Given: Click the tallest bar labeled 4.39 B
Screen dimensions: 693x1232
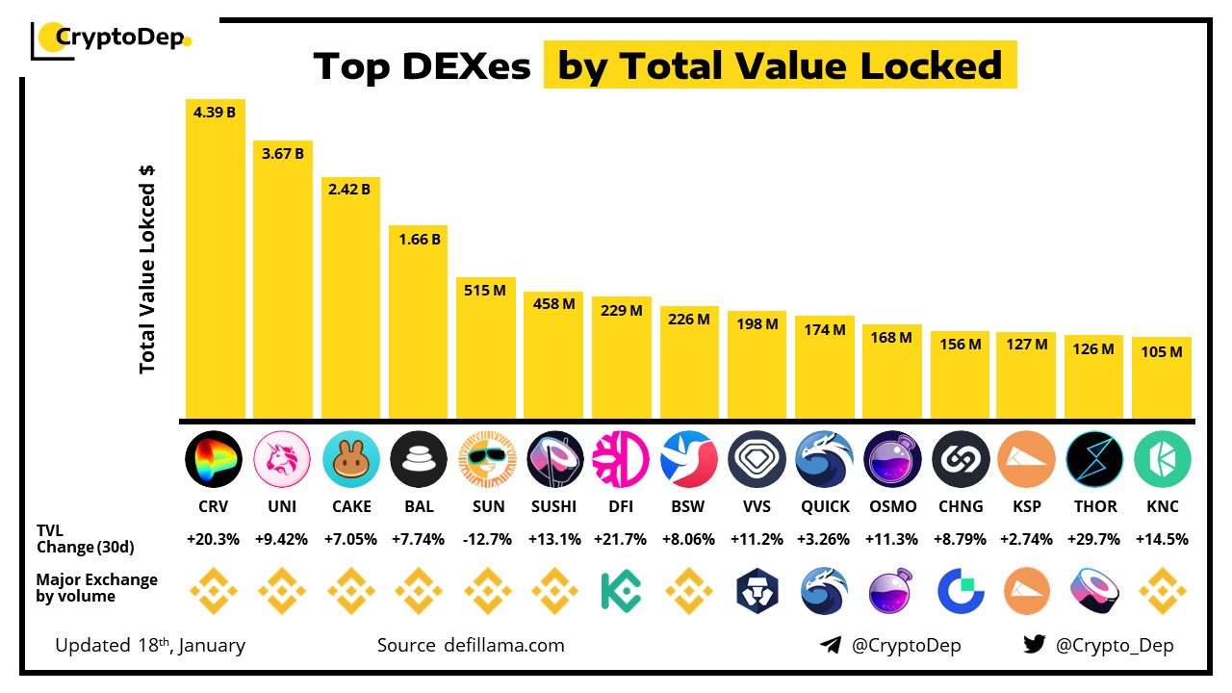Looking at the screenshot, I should (x=215, y=260).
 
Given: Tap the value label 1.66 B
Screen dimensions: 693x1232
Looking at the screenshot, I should (x=418, y=239).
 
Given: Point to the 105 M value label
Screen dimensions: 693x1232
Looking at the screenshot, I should (x=1162, y=352).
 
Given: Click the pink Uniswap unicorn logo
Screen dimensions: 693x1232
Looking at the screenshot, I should (x=282, y=460).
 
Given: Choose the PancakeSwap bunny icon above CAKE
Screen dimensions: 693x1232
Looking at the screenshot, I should (x=350, y=460).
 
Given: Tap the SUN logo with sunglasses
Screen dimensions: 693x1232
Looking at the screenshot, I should (x=485, y=460).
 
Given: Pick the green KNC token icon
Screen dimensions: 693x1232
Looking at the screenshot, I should (x=1162, y=460).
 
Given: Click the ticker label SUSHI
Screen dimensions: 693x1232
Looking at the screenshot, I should (x=553, y=506).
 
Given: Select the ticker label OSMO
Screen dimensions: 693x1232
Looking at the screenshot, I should (x=891, y=506).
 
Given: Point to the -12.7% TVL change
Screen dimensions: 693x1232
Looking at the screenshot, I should (x=485, y=540).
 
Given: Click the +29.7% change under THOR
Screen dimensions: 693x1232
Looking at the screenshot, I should (x=1094, y=540).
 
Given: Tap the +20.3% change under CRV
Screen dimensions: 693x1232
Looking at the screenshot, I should (x=215, y=540).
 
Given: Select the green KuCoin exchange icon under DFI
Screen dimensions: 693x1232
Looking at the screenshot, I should (x=621, y=591).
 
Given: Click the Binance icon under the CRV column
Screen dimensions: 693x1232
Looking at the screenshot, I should (x=215, y=591).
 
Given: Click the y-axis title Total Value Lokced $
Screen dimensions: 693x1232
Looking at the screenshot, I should (x=147, y=269).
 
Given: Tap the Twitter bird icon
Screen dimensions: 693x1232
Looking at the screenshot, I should (x=1034, y=645).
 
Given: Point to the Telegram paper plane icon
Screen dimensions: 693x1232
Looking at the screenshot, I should (x=831, y=645).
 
